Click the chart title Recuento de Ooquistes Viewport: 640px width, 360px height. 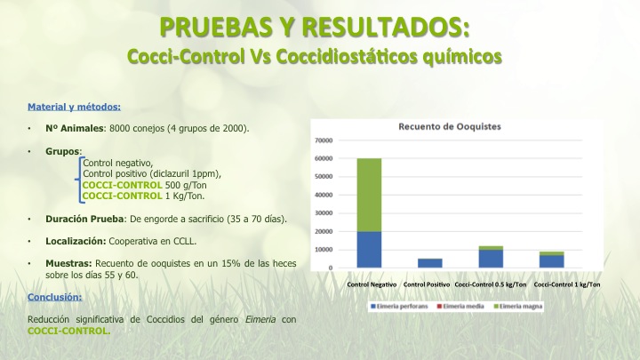click(x=450, y=126)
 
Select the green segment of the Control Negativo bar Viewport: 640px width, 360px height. click(x=369, y=195)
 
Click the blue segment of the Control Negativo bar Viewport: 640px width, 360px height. click(x=369, y=250)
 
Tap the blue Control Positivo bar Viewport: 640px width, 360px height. click(x=430, y=263)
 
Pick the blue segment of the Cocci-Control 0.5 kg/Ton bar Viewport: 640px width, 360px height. click(x=491, y=259)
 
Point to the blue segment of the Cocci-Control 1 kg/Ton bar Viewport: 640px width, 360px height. click(x=551, y=261)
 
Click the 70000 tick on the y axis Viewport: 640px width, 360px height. click(x=324, y=140)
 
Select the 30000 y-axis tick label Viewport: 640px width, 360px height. click(x=324, y=213)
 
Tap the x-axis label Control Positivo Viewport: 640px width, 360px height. click(x=427, y=284)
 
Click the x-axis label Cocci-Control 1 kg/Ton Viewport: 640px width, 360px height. click(x=567, y=284)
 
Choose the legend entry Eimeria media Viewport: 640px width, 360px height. click(x=460, y=306)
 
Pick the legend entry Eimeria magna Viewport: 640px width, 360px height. click(x=518, y=306)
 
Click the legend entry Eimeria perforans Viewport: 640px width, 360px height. click(x=399, y=306)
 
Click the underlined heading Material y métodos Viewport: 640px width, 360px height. click(x=75, y=107)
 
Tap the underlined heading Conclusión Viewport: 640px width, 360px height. click(x=55, y=297)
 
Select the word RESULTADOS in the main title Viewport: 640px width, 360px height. click(x=386, y=27)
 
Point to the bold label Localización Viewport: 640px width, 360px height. click(x=76, y=241)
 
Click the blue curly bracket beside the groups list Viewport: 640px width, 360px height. click(x=79, y=180)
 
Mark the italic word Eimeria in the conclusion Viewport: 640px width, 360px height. click(x=260, y=319)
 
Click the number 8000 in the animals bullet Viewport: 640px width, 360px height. click(x=120, y=128)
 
